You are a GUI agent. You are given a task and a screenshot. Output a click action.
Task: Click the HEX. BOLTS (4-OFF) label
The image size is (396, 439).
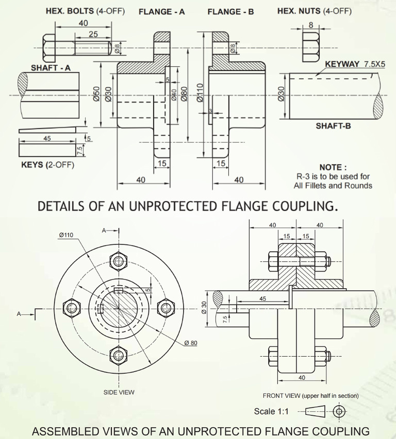point(85,11)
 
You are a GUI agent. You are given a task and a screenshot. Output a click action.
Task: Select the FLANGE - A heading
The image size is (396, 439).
point(161,11)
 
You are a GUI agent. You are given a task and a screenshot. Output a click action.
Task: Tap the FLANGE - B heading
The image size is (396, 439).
point(230,11)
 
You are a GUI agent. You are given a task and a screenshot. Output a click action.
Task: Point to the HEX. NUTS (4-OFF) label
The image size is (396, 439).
point(315,11)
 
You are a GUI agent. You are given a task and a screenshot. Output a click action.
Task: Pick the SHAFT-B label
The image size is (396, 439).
point(333,126)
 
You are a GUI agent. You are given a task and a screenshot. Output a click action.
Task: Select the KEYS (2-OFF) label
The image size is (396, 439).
point(47,165)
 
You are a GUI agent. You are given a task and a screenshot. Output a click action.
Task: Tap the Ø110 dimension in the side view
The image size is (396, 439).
point(66,235)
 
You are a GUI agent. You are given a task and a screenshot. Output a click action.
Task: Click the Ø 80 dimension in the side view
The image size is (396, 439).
point(190,343)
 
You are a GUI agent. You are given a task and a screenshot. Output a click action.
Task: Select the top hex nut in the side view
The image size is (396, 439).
point(119,260)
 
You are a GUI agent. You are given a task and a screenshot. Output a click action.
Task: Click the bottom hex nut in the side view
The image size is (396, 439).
point(119,355)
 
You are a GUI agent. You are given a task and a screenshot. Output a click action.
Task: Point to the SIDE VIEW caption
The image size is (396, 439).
point(119,392)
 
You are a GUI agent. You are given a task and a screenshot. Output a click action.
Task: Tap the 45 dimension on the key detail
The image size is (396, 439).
point(47,138)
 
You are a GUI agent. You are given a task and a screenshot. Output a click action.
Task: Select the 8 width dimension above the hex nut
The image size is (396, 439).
point(310,25)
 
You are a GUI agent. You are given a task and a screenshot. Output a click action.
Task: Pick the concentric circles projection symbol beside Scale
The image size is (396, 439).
point(339,411)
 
